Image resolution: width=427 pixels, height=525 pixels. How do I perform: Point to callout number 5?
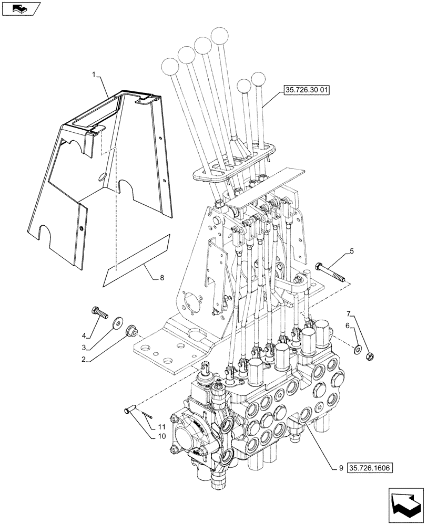351,253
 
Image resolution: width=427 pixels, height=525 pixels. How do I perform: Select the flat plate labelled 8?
137,261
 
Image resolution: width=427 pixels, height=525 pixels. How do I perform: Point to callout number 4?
83,336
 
